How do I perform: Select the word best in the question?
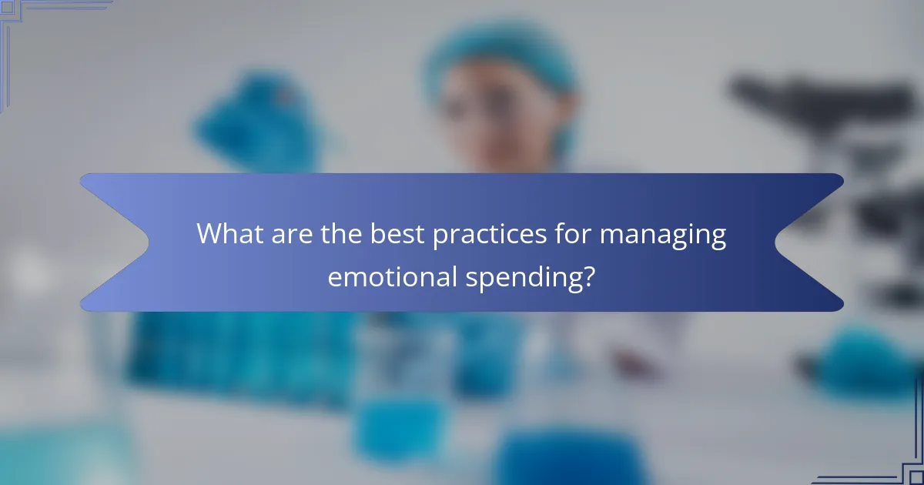tap(398, 234)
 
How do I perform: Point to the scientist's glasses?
tap(485, 115)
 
